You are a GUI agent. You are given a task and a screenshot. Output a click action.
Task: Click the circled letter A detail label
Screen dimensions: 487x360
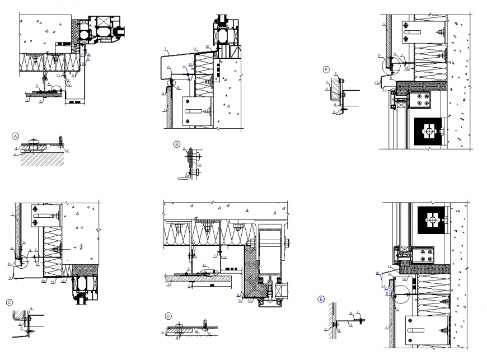tap(16, 136)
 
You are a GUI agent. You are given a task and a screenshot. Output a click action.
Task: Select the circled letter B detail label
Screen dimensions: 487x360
tap(177, 144)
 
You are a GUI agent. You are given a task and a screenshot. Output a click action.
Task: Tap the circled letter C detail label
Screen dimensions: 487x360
tap(10, 302)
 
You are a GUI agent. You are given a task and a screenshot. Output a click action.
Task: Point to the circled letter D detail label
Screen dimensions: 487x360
tap(168, 316)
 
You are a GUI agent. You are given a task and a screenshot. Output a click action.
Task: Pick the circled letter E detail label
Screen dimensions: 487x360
tap(321, 299)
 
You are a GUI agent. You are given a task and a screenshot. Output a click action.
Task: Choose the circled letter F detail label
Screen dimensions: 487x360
tap(326, 69)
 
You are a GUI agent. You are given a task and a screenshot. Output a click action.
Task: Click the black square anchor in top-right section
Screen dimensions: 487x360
tap(429, 131)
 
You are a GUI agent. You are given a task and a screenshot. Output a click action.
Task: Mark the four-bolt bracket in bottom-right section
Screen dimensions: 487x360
tap(423, 256)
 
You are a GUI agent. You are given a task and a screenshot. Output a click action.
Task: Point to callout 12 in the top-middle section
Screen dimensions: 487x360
tap(207, 46)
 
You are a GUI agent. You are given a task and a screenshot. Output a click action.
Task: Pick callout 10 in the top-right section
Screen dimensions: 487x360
tap(377, 82)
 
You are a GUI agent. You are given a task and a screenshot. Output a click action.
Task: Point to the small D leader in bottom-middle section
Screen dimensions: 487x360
tap(204, 266)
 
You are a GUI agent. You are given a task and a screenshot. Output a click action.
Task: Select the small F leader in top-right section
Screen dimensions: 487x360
tap(380, 55)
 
